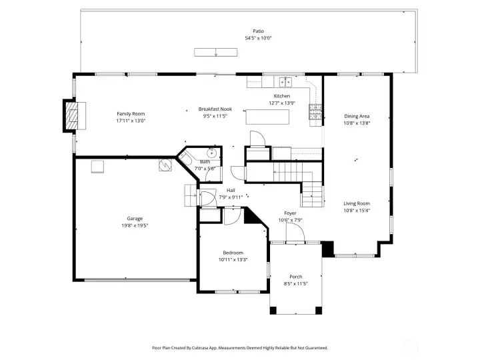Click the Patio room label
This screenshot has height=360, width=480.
pyautogui.click(x=258, y=31)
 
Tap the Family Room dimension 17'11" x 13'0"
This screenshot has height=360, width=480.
pyautogui.click(x=131, y=121)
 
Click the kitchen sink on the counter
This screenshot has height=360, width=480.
pyautogui.click(x=285, y=82)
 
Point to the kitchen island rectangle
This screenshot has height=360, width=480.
pyautogui.click(x=267, y=117)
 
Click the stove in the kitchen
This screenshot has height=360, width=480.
pyautogui.click(x=315, y=112)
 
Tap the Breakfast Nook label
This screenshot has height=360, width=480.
pyautogui.click(x=215, y=109)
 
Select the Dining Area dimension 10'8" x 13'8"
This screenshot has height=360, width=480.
pyautogui.click(x=357, y=123)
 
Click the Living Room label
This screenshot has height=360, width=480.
pyautogui.click(x=357, y=203)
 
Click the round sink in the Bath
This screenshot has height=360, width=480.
pyautogui.click(x=211, y=152)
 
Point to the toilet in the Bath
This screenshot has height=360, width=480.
pyautogui.click(x=185, y=159)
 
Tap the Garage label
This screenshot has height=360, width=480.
pyautogui.click(x=135, y=219)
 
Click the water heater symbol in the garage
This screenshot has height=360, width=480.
pyautogui.click(x=165, y=165)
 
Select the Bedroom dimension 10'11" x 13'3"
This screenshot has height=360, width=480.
pyautogui.click(x=233, y=259)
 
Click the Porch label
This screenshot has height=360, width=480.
pyautogui.click(x=296, y=277)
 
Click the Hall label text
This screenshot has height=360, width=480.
pyautogui.click(x=231, y=191)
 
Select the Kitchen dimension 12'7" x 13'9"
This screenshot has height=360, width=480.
pyautogui.click(x=282, y=103)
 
